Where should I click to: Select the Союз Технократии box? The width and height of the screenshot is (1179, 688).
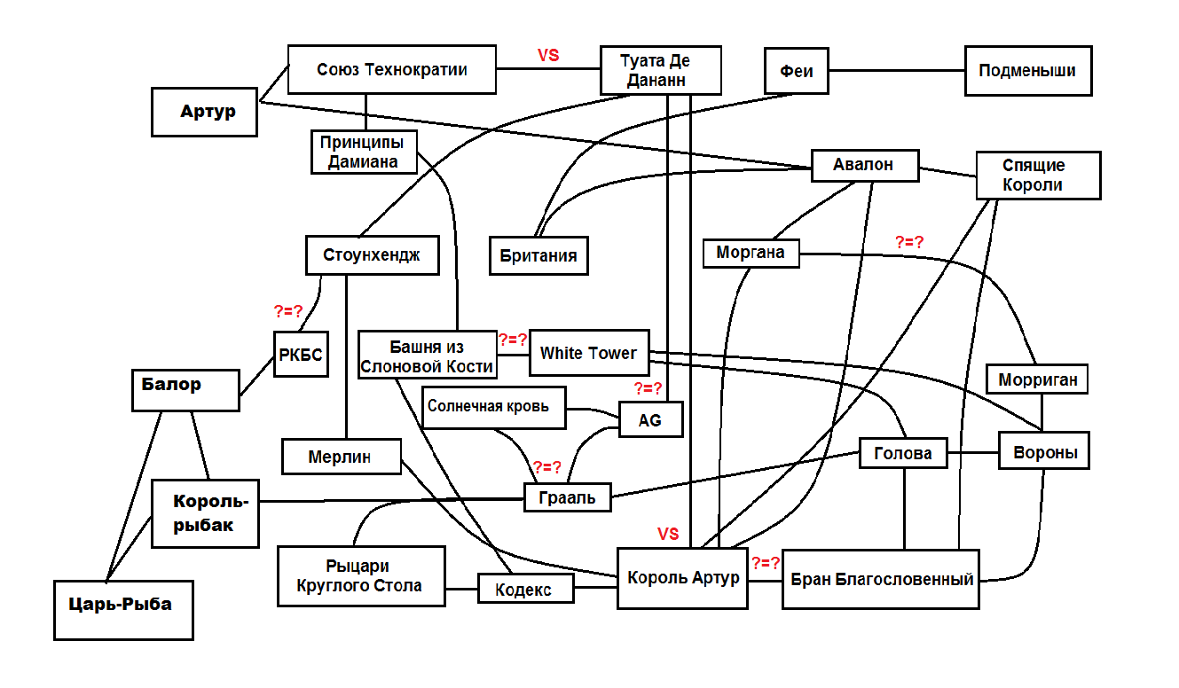click(x=391, y=69)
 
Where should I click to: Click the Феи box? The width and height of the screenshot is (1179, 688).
click(x=796, y=70)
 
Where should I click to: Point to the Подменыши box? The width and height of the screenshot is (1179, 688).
click(x=1027, y=70)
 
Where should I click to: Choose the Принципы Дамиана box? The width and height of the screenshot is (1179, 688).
click(x=363, y=152)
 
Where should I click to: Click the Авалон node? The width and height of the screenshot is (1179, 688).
click(x=863, y=165)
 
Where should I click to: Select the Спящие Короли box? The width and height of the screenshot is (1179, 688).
click(x=1037, y=175)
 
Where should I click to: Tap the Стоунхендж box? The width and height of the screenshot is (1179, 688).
click(x=373, y=255)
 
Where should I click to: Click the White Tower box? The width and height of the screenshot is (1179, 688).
click(x=588, y=353)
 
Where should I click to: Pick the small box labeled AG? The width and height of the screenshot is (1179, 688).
click(x=650, y=419)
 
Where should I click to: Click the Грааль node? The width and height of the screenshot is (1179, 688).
click(x=567, y=497)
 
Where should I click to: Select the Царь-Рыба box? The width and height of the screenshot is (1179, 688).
click(x=122, y=609)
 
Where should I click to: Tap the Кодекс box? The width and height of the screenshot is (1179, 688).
click(x=525, y=589)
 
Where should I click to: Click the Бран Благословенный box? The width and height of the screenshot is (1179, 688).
click(x=880, y=580)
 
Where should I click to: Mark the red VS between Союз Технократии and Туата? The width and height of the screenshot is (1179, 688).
click(x=548, y=55)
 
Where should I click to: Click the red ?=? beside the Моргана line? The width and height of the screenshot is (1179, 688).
click(x=910, y=241)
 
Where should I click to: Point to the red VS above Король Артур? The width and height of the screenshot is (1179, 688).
click(x=668, y=534)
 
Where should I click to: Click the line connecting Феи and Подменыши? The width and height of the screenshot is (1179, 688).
click(x=896, y=70)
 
